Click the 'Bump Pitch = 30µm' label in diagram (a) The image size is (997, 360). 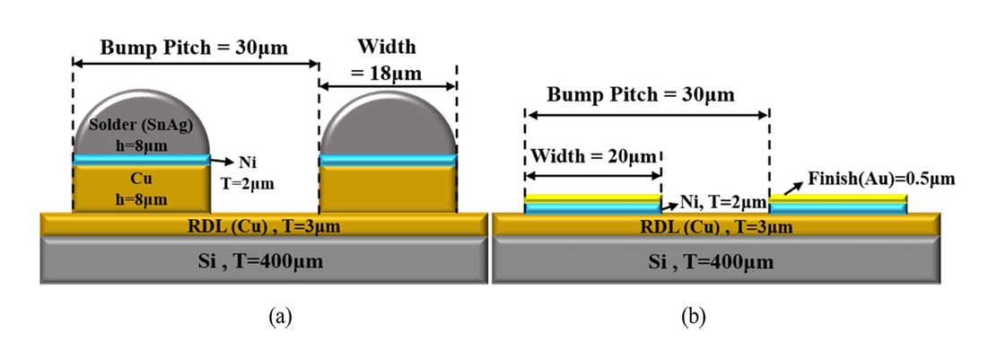(x=194, y=48)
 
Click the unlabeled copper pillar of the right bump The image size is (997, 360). (x=388, y=189)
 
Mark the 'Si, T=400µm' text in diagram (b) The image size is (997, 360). (x=716, y=262)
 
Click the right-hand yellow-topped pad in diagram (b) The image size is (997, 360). (x=838, y=204)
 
